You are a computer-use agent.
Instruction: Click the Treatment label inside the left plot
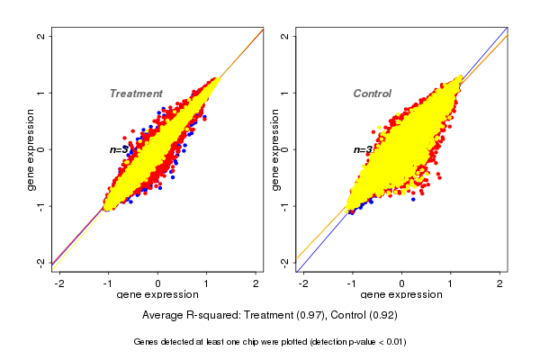[136, 94]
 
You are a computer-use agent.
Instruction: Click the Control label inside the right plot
[372, 94]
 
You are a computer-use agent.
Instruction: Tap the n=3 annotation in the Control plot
[363, 149]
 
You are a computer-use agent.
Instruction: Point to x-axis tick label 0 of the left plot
[158, 283]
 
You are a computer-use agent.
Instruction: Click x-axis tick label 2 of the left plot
[256, 283]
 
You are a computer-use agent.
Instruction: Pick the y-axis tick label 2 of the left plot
[40, 36]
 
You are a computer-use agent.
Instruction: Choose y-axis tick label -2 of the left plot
[40, 262]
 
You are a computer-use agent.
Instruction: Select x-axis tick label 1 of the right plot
[451, 283]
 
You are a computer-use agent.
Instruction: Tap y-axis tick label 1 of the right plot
[283, 93]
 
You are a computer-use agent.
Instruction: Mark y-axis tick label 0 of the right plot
[283, 149]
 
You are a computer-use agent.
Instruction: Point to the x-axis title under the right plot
[401, 295]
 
